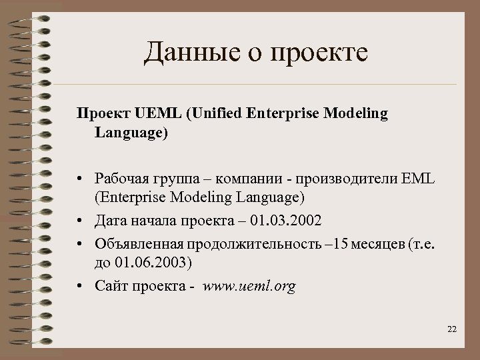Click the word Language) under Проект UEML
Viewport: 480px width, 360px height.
131,133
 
